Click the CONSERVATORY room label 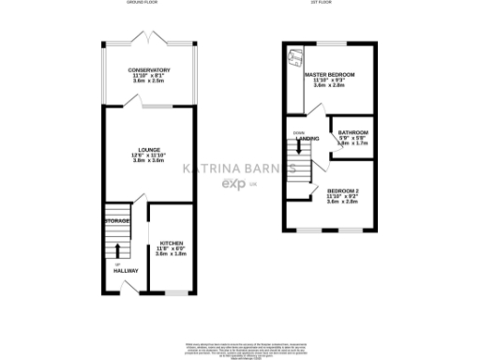pos(150,70)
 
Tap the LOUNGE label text pos(149,148)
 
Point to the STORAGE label pos(117,220)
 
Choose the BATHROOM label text pos(352,132)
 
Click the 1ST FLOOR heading pos(322,4)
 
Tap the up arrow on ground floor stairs pos(117,250)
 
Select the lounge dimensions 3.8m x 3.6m pos(149,160)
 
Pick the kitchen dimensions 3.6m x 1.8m pos(171,254)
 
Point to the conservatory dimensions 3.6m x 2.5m pos(150,82)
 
